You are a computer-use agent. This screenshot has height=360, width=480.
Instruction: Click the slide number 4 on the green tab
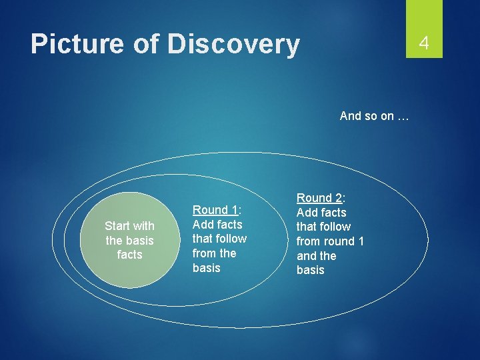(x=423, y=44)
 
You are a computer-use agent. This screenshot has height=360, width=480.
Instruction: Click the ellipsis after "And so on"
(x=402, y=116)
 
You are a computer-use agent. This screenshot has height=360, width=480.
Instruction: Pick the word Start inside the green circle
(x=117, y=226)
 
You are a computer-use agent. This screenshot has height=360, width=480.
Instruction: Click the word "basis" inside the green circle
(x=139, y=241)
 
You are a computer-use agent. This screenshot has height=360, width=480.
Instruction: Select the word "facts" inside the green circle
(x=129, y=255)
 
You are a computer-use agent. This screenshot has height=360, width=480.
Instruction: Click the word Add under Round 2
(x=307, y=213)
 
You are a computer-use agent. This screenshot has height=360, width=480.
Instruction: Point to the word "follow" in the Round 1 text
(x=231, y=239)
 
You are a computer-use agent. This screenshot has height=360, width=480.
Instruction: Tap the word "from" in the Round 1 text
(x=204, y=253)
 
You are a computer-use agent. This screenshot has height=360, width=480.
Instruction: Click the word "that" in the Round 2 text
(x=307, y=227)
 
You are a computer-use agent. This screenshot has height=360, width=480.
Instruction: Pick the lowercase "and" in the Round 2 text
(x=307, y=256)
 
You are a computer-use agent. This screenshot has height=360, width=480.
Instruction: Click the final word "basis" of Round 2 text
(x=311, y=270)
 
